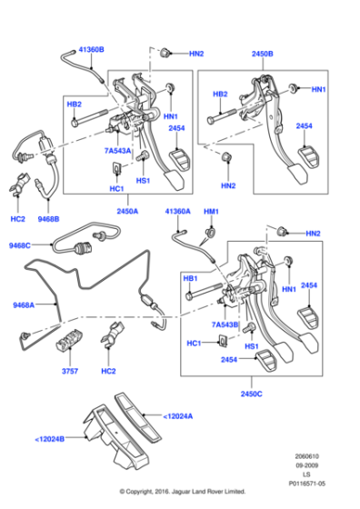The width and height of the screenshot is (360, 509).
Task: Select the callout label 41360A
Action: coord(178,212)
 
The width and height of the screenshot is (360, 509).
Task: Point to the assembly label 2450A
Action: coord(127,212)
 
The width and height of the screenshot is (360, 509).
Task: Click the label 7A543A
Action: coord(116,150)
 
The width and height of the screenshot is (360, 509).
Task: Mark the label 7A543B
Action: coord(225,324)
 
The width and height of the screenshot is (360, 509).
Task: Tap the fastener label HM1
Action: coord(212,212)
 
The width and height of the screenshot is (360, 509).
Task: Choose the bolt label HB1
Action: coord(190,278)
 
